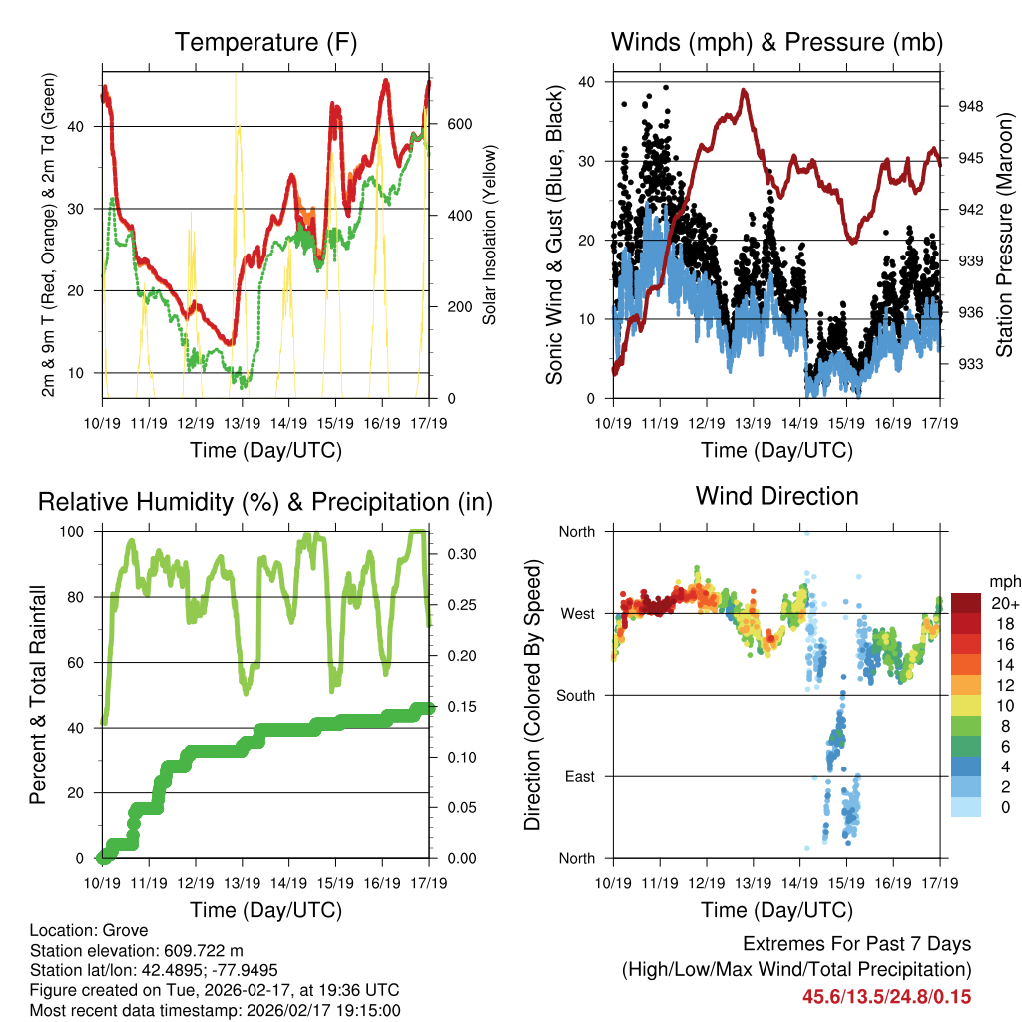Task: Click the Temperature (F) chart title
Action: tap(265, 42)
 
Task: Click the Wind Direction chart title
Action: tap(776, 495)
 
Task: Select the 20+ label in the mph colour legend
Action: tap(1003, 603)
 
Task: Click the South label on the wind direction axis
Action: tap(576, 695)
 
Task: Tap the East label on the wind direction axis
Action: tap(581, 776)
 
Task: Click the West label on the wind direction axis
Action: tap(578, 613)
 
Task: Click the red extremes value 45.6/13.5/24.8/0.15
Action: tap(886, 997)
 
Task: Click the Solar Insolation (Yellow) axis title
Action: tap(490, 236)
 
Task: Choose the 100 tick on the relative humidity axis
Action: tap(76, 532)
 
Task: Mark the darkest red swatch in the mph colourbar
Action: tap(966, 602)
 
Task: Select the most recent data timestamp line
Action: tap(215, 1010)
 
